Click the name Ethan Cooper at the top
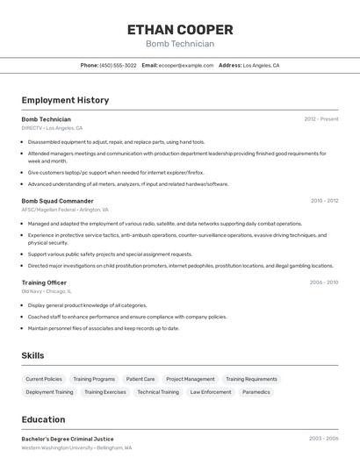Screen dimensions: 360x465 click(x=180, y=29)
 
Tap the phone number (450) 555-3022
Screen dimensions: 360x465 click(x=118, y=65)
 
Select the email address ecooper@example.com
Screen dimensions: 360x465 click(x=186, y=65)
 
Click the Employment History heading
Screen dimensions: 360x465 click(x=65, y=100)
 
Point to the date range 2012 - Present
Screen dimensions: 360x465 click(x=321, y=119)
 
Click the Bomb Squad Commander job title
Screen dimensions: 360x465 click(x=57, y=201)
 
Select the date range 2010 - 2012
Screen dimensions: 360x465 click(x=324, y=201)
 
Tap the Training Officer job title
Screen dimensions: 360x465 click(x=45, y=283)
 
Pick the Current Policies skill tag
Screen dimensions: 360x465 click(x=44, y=379)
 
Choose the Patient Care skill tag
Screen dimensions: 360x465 click(x=140, y=379)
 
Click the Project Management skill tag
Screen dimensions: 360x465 click(x=191, y=379)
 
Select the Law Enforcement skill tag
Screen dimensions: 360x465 click(x=211, y=392)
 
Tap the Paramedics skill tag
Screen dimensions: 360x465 click(x=256, y=392)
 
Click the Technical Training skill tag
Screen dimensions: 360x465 click(x=158, y=392)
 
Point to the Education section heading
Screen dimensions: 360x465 click(x=43, y=419)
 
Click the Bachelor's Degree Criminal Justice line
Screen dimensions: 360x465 click(x=68, y=439)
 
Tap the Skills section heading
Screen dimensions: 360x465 click(x=33, y=355)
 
